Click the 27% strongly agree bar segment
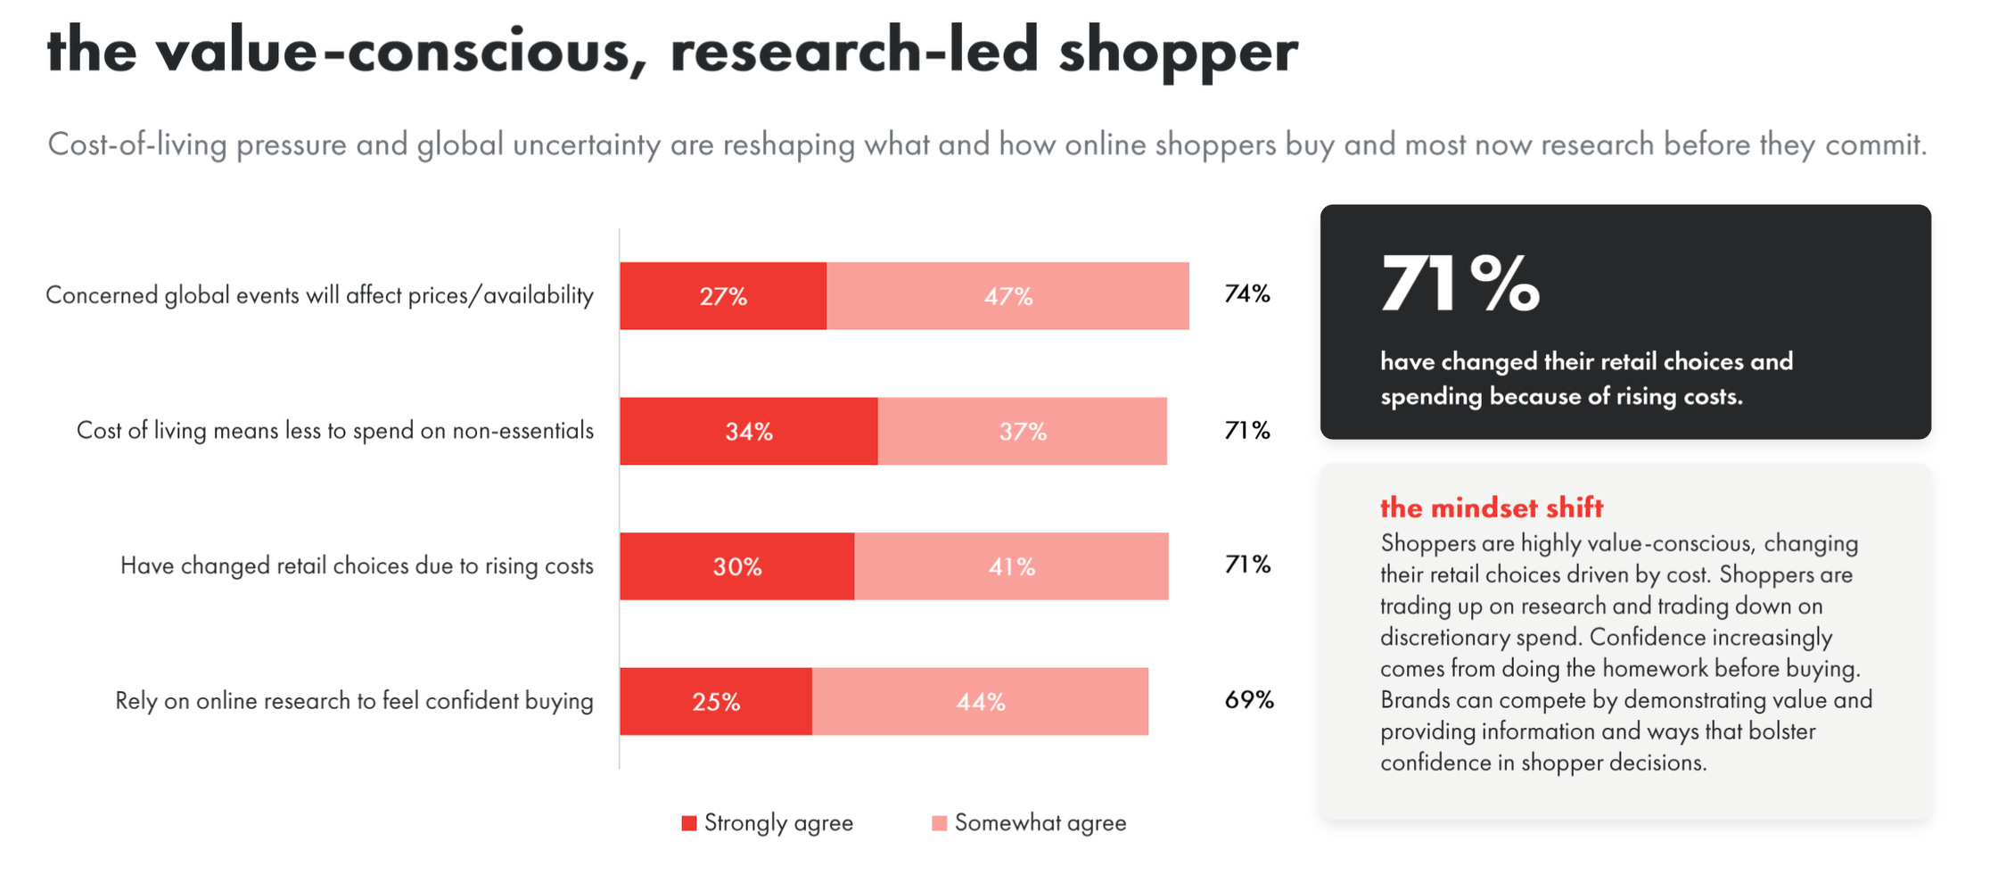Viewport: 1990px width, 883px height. click(723, 296)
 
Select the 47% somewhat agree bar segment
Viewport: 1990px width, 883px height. click(1007, 296)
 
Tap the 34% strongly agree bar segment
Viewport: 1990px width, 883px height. click(749, 432)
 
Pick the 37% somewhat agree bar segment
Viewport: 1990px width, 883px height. click(1023, 432)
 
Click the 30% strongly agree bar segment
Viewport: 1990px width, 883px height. click(737, 566)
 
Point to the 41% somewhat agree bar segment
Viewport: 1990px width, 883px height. click(1012, 566)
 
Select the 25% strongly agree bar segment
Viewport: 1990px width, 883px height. click(716, 702)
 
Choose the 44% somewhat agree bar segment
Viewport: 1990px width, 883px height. click(981, 702)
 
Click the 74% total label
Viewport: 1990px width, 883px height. click(1247, 294)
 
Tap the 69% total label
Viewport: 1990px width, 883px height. click(1249, 700)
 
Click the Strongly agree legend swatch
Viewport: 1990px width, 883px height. click(689, 823)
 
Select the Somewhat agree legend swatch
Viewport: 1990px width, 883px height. click(939, 823)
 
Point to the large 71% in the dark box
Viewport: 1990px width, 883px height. click(1460, 284)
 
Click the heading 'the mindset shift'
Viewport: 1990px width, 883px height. click(1492, 508)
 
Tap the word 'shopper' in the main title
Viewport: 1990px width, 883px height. click(1178, 52)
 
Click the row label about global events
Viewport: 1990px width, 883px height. click(319, 296)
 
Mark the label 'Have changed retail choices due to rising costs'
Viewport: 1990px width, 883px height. click(357, 566)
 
